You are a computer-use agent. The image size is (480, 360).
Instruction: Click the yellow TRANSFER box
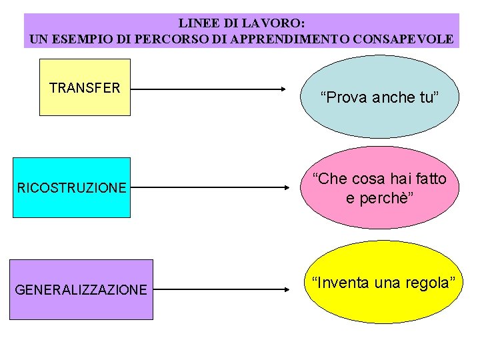point(85,87)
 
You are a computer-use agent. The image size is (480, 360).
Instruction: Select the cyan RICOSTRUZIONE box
point(71,187)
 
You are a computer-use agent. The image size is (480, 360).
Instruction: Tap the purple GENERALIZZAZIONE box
point(81,289)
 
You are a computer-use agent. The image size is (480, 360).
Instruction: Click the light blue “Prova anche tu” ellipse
point(379,97)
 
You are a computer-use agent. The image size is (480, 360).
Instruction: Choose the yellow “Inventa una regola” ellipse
point(379,282)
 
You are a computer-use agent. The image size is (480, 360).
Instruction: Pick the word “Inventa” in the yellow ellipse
point(337,283)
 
